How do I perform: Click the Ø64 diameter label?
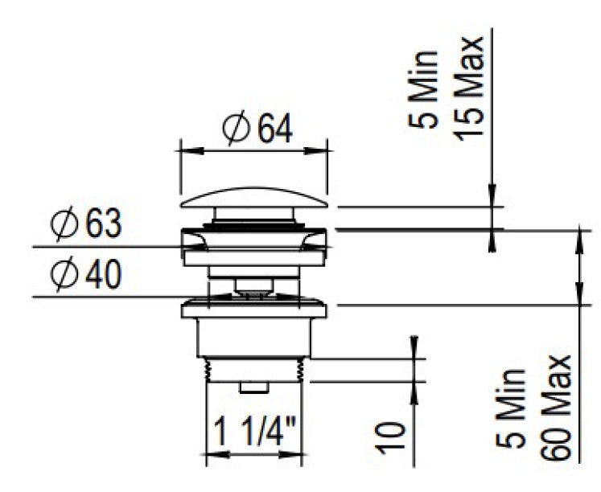coord(257,129)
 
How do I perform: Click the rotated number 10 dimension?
coord(389,437)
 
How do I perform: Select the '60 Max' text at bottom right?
coord(555,408)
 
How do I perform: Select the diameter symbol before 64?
coord(237,129)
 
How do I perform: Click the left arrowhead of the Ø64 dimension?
coord(184,149)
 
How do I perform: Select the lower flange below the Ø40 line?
coord(254,309)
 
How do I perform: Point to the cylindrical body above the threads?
coord(254,338)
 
